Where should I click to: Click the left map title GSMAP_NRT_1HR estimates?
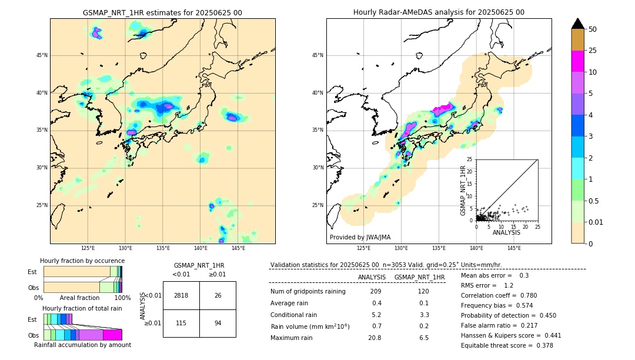click(x=162, y=12)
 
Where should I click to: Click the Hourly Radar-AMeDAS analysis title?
click(x=439, y=12)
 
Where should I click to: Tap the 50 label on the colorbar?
click(x=593, y=29)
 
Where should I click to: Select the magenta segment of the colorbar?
click(x=578, y=61)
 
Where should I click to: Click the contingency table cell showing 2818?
click(x=181, y=295)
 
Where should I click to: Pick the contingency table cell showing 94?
click(x=218, y=323)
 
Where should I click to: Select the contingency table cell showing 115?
click(x=181, y=323)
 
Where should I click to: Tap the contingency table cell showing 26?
click(x=218, y=295)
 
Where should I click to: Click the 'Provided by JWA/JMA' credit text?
click(x=360, y=237)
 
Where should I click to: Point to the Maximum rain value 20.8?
click(x=375, y=338)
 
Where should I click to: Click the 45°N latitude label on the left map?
click(x=41, y=55)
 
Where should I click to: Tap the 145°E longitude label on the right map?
click(x=514, y=249)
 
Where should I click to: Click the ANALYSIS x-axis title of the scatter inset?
click(x=506, y=232)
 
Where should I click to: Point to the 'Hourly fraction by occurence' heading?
click(x=82, y=261)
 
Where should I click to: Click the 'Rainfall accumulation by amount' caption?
click(x=82, y=345)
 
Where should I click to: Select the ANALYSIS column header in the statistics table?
click(x=372, y=277)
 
